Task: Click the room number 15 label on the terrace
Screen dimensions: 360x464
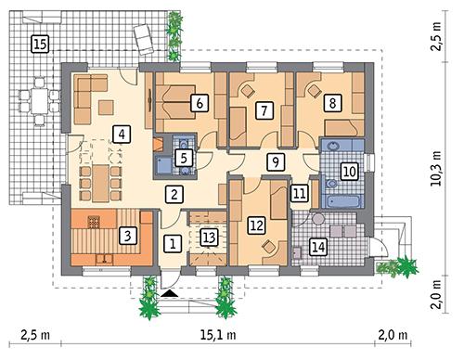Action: [39, 43]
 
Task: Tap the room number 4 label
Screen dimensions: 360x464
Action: [121, 134]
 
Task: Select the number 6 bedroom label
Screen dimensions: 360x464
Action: [197, 104]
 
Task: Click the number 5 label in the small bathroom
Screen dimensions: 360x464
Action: [184, 159]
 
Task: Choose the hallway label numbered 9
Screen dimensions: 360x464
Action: [274, 162]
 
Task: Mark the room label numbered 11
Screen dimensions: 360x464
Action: [299, 194]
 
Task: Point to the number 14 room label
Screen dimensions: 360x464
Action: [318, 247]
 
